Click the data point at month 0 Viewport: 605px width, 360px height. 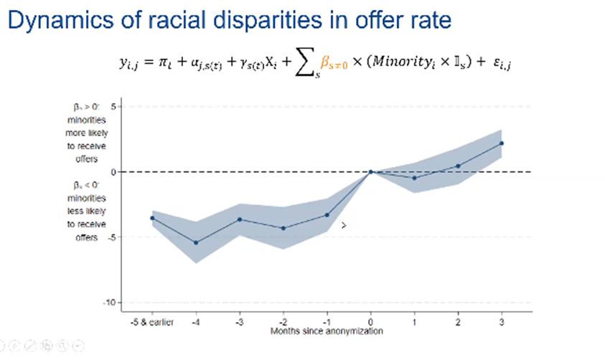point(371,171)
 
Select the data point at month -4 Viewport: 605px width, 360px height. point(196,242)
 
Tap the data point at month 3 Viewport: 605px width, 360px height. point(501,143)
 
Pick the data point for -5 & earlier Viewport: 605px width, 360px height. point(152,218)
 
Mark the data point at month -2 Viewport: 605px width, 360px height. point(283,228)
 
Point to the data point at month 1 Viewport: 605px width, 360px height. point(414,178)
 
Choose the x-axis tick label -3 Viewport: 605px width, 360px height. point(240,323)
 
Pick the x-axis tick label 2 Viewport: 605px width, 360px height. point(458,323)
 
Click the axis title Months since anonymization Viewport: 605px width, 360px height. point(327,331)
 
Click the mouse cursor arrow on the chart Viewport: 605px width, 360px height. point(344,225)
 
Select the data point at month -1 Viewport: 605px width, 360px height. point(327,214)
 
